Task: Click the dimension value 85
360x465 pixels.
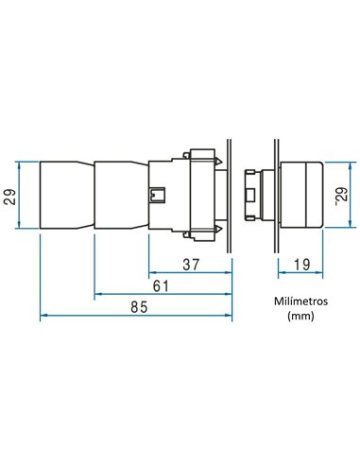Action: pyautogui.click(x=139, y=307)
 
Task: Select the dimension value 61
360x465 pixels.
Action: pyautogui.click(x=161, y=286)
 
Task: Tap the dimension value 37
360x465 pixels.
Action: pyautogui.click(x=191, y=265)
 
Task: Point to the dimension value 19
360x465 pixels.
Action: pyautogui.click(x=301, y=265)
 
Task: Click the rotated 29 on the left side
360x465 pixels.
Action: pyautogui.click(x=10, y=197)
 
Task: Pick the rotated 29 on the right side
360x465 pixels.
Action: pyautogui.click(x=341, y=196)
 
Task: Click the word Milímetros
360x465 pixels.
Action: pyautogui.click(x=300, y=301)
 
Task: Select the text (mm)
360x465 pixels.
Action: pyautogui.click(x=300, y=316)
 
